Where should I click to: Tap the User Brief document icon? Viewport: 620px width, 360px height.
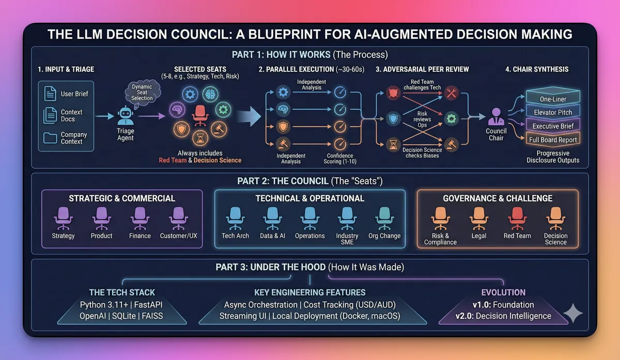coord(50,93)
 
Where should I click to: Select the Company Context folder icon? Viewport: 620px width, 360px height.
coord(50,138)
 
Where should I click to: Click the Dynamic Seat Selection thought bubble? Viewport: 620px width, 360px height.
coord(142,93)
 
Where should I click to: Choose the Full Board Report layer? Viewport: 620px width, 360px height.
coord(552,139)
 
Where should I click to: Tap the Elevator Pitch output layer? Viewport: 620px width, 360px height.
coord(552,112)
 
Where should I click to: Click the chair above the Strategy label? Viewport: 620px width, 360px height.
coord(63,218)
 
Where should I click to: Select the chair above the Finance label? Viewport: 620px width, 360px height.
coord(140,218)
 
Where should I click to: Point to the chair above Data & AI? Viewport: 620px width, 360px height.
coord(272,218)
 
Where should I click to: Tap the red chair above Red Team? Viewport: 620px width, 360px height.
coord(517,218)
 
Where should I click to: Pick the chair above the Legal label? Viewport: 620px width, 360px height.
coord(478,218)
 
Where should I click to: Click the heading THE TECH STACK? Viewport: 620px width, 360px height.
coord(122,292)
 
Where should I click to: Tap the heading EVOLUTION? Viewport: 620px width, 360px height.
coord(503,292)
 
